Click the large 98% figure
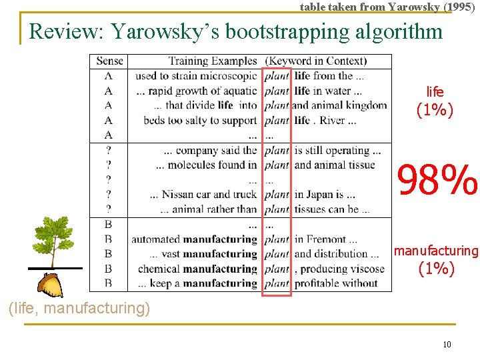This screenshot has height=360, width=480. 437,180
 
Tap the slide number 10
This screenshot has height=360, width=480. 447,344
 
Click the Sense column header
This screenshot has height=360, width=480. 109,61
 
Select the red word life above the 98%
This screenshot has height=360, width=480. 435,92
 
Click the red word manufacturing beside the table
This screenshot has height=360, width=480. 436,251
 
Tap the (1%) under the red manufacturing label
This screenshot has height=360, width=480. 436,269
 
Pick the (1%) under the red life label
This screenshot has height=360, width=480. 435,110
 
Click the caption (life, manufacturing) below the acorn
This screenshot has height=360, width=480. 78,308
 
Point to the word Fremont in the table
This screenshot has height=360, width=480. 327,239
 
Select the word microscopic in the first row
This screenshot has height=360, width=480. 226,76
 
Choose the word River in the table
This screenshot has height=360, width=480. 332,121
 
